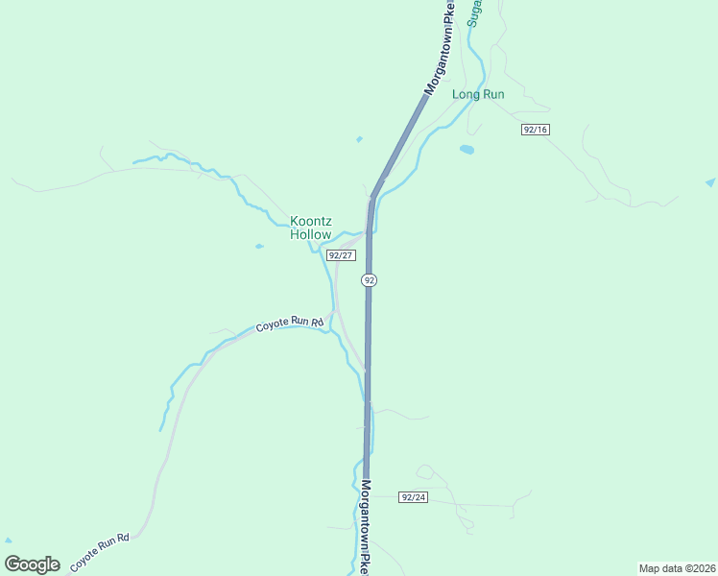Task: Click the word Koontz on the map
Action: (310, 222)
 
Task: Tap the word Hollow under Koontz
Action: (310, 235)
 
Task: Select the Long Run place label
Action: (478, 94)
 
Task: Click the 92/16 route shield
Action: (536, 129)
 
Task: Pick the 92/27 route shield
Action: (341, 255)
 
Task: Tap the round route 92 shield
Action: (369, 280)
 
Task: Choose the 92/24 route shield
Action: (414, 497)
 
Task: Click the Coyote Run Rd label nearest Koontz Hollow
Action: (290, 324)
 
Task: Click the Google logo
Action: (32, 564)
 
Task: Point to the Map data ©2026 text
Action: (676, 568)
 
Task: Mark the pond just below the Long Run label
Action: (467, 149)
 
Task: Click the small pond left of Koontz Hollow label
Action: (259, 247)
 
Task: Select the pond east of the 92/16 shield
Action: (710, 181)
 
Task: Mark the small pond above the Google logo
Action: (9, 540)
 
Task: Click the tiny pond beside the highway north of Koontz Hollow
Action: (359, 139)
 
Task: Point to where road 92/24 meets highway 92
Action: (367, 495)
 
